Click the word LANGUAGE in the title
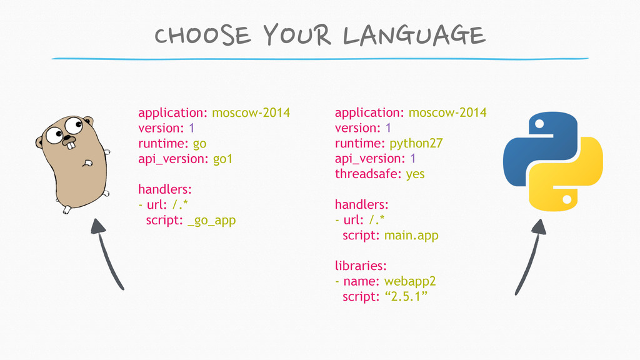click(414, 35)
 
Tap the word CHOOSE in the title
click(202, 35)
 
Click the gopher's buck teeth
click(71, 145)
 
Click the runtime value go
click(199, 144)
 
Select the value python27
click(416, 144)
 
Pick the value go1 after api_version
click(223, 159)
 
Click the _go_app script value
click(212, 221)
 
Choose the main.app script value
click(411, 236)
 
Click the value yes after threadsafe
click(415, 175)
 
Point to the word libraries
click(359, 266)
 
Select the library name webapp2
click(410, 282)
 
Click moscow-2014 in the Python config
click(447, 112)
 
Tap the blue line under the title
click(320, 59)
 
